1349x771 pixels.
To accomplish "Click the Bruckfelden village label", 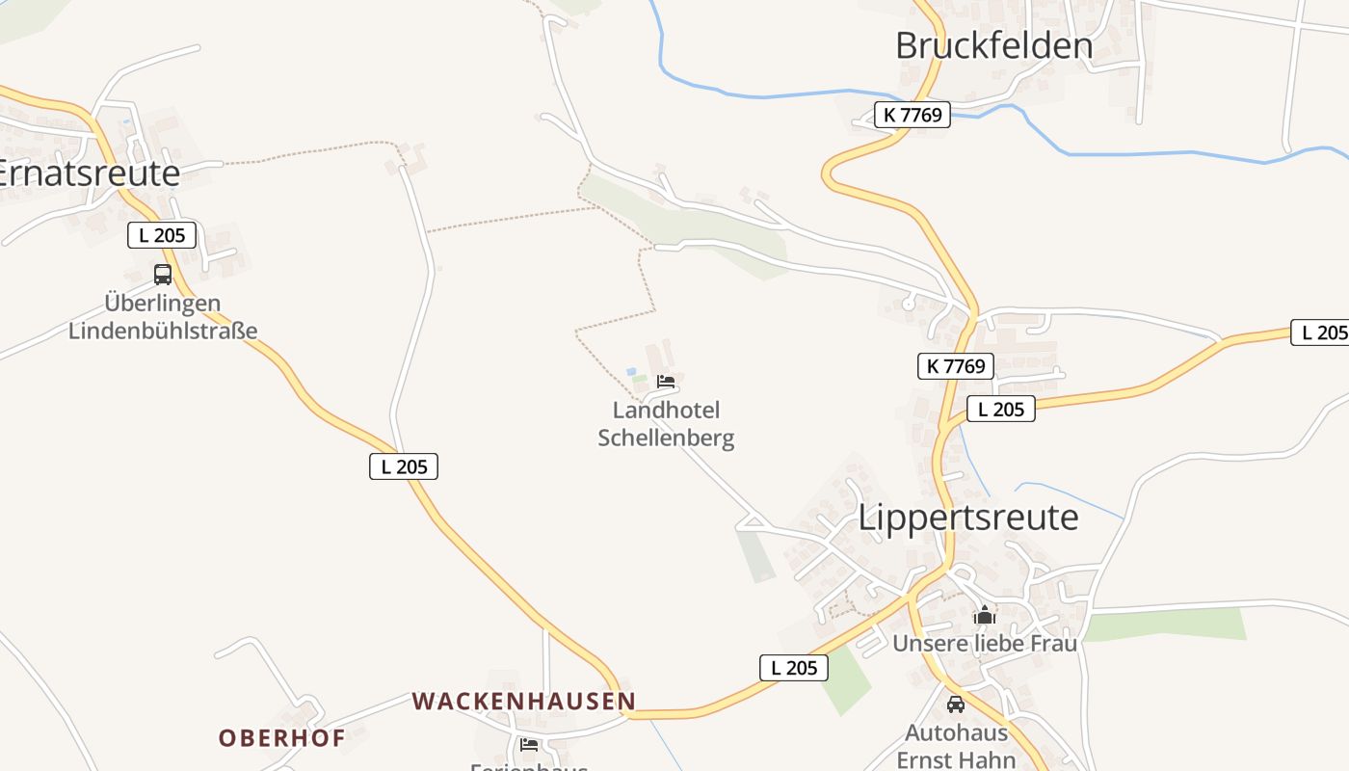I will coord(993,45).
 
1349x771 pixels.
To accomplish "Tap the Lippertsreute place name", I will coord(968,518).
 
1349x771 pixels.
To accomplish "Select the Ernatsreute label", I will coord(89,173).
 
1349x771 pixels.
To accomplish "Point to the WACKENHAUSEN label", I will coord(524,702).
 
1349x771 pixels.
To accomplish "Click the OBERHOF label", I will coord(281,738).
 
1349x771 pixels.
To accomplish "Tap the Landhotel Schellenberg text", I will coord(666,424).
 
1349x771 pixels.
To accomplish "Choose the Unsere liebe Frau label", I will coord(984,643).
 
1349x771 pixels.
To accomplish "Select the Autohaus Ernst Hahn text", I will coord(956,746).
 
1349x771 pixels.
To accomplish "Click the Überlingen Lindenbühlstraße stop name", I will coord(163,317).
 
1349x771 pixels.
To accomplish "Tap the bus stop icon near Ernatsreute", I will coord(163,274).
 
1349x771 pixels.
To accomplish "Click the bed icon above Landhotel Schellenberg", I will coord(666,382).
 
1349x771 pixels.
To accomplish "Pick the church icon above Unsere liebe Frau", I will coord(984,615).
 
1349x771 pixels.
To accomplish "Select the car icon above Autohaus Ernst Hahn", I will coord(956,705).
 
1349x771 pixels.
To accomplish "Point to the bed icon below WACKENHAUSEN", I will coord(529,744).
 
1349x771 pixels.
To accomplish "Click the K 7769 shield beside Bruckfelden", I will coord(912,116).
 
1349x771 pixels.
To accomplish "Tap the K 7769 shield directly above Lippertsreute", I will coord(954,366).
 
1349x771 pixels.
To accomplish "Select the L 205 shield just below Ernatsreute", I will coord(162,234).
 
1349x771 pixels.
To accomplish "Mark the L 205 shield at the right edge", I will coord(1321,332).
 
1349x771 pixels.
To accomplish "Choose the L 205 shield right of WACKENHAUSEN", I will coord(793,668).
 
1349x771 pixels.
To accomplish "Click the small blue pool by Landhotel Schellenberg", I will coord(631,371).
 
